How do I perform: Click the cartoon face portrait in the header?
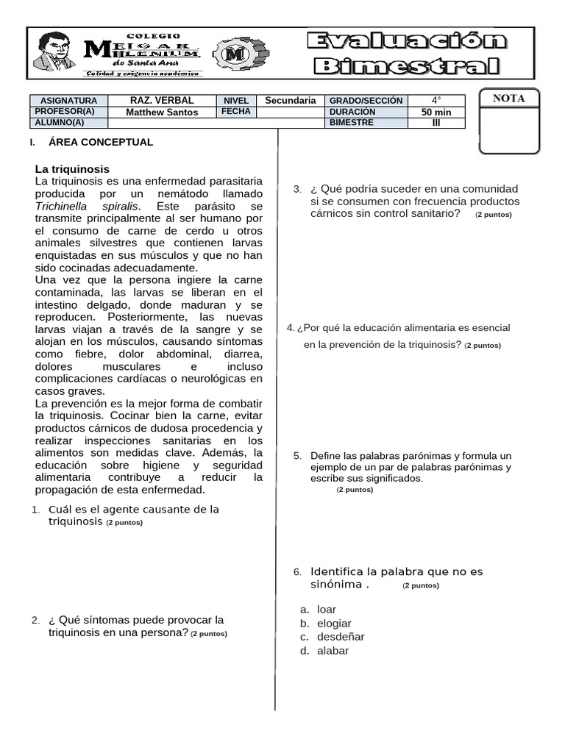coord(55,51)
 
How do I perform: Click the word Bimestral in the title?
coord(407,67)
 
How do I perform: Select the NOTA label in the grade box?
coord(508,99)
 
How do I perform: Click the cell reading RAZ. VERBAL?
coord(162,100)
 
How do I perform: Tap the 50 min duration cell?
coord(436,112)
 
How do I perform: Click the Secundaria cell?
coord(290,100)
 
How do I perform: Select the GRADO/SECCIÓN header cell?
coord(366,100)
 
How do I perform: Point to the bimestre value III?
coord(436,123)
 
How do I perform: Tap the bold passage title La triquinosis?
coord(72,168)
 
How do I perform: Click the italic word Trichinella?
coord(65,207)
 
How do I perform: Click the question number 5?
coord(296,456)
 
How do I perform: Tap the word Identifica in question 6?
coord(337,571)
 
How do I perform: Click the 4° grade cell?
coord(436,100)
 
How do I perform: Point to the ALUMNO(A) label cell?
coord(60,123)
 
